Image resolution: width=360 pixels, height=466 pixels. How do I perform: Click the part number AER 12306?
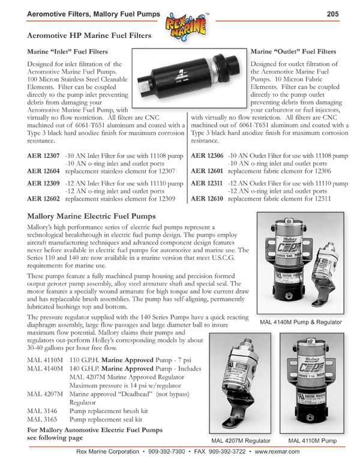tap(207, 155)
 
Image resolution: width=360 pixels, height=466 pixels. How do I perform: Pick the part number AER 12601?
tap(207, 171)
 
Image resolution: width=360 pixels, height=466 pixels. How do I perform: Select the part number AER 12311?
tap(207, 183)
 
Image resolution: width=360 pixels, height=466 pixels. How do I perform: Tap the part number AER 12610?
tap(207, 198)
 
